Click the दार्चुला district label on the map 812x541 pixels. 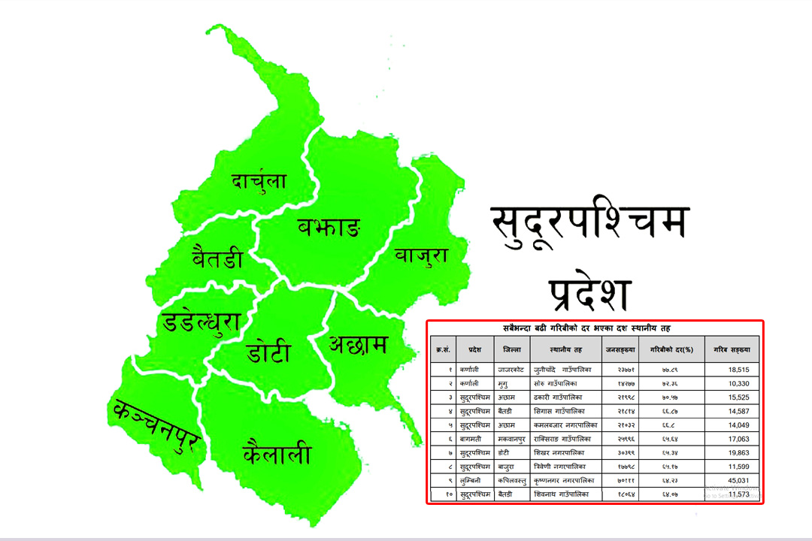click(x=259, y=181)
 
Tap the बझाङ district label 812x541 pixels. click(x=329, y=225)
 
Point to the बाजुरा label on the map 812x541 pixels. click(x=421, y=255)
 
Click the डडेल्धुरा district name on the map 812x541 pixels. click(x=201, y=323)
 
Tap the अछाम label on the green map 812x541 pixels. click(x=358, y=345)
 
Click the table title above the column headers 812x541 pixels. click(x=594, y=328)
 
